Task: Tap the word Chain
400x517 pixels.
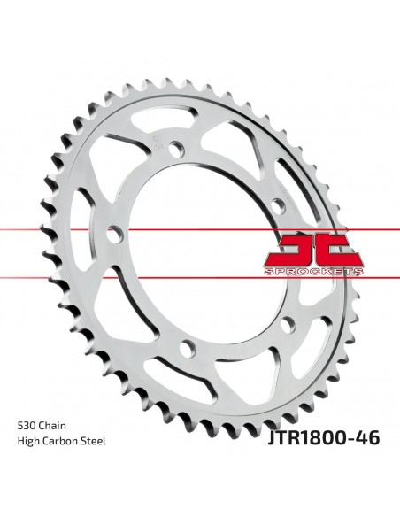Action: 52,425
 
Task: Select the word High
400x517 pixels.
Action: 27,441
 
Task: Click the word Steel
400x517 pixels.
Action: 94,441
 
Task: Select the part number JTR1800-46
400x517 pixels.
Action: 324,437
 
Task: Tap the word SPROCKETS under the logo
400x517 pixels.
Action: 313,272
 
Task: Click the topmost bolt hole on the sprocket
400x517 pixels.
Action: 176,148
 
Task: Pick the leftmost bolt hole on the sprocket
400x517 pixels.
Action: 115,234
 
